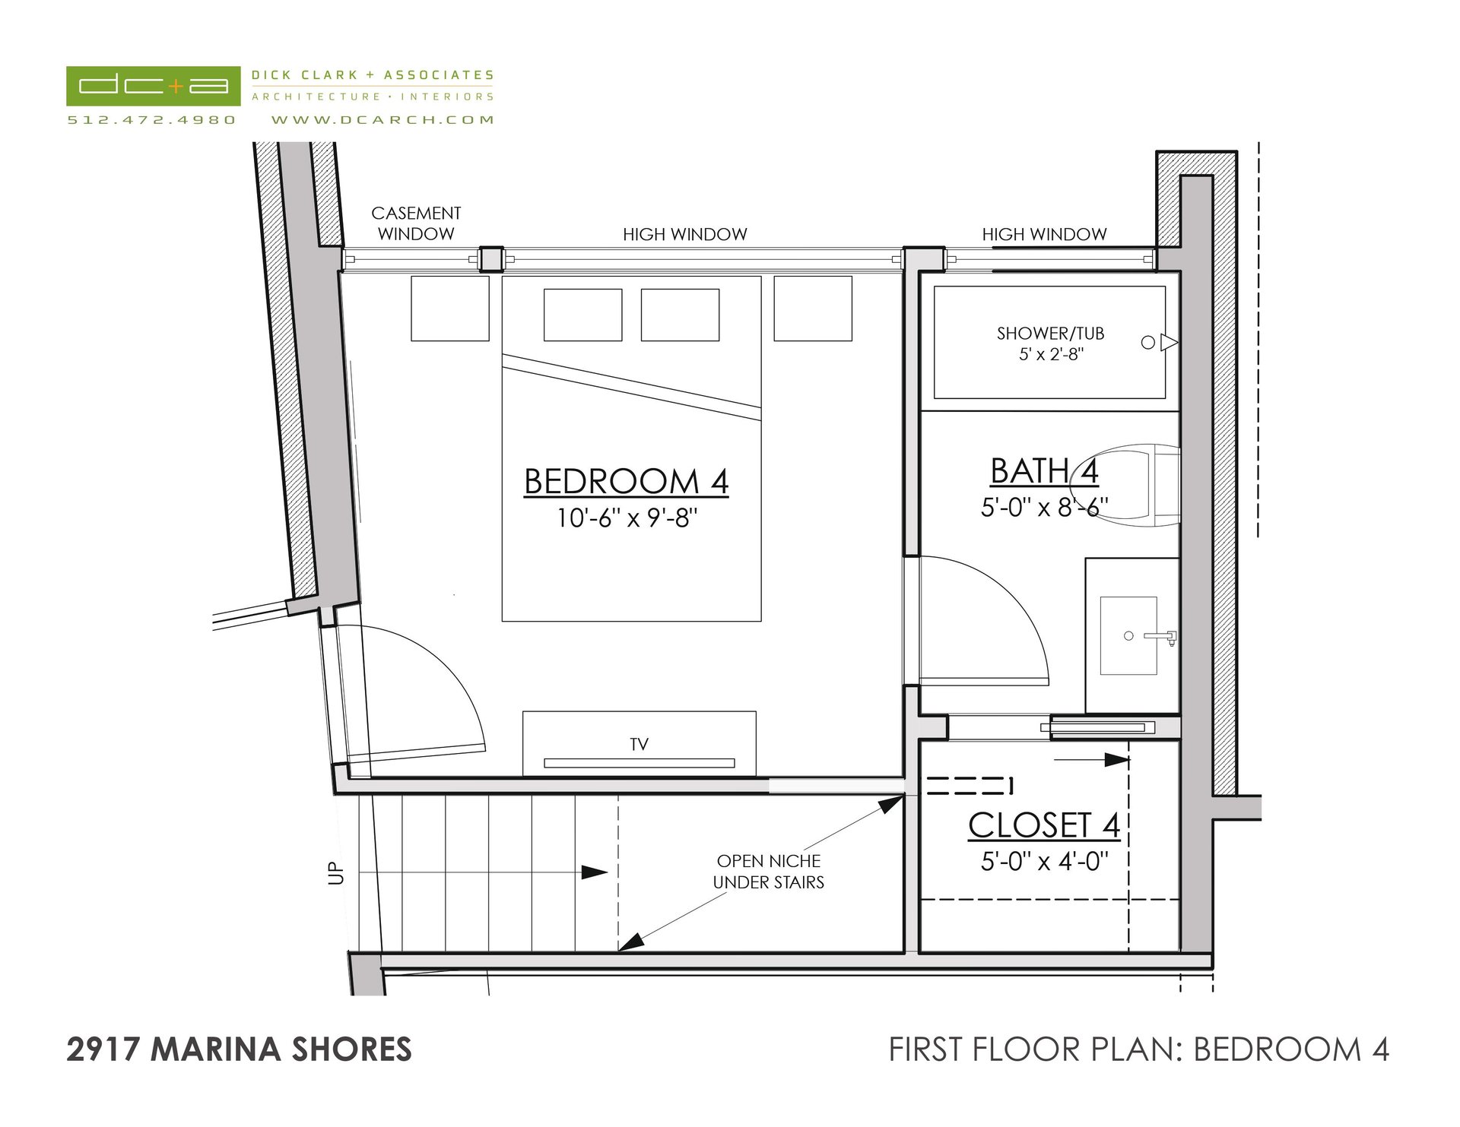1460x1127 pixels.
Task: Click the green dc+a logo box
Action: click(x=154, y=86)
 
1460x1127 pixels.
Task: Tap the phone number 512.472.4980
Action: click(x=152, y=120)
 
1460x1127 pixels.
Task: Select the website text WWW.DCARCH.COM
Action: click(x=382, y=120)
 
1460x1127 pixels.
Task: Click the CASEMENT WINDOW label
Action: click(x=416, y=223)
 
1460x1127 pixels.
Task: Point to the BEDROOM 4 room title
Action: click(x=627, y=482)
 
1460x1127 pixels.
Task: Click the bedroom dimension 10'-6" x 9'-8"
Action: click(x=627, y=518)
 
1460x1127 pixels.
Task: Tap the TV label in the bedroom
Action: click(x=639, y=745)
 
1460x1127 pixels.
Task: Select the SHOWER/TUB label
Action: click(x=1050, y=334)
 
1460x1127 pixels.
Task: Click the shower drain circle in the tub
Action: click(x=1148, y=343)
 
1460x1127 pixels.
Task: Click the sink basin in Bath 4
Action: click(x=1128, y=635)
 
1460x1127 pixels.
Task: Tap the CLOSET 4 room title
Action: click(x=1044, y=826)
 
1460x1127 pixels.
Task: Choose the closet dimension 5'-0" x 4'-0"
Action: click(x=1044, y=862)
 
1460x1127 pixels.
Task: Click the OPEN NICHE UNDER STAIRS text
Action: click(x=769, y=872)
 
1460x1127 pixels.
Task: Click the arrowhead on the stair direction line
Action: click(x=595, y=872)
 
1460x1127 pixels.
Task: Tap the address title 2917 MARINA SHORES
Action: click(x=239, y=1049)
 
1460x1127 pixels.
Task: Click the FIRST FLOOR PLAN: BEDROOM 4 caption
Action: click(x=1139, y=1049)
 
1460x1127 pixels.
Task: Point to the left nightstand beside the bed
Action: click(x=450, y=309)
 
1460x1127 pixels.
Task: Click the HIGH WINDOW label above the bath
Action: click(x=1044, y=235)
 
